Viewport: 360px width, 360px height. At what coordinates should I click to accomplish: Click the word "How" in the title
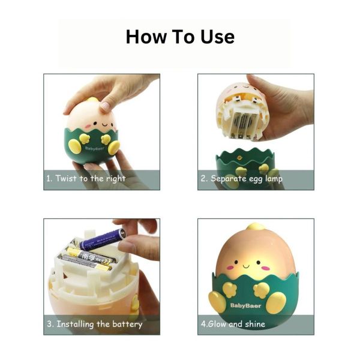[146, 37]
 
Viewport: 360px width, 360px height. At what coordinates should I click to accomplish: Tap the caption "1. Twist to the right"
[86, 178]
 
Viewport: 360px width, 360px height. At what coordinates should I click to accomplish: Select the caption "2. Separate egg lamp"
[242, 178]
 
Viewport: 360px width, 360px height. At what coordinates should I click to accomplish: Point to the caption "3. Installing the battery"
[95, 324]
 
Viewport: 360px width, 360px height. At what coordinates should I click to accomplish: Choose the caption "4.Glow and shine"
[233, 324]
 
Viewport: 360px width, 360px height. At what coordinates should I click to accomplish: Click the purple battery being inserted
[103, 239]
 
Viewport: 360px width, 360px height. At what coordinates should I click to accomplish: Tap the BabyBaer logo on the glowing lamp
[245, 305]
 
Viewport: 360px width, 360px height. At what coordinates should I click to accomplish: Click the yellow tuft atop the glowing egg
[256, 227]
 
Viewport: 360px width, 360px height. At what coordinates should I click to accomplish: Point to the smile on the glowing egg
[246, 266]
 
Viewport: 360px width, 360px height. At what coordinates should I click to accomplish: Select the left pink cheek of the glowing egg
[230, 268]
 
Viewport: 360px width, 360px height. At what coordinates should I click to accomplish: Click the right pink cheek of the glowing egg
[265, 268]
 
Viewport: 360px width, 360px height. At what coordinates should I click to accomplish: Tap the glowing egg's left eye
[236, 262]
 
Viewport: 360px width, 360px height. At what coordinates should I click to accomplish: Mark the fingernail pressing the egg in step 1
[105, 106]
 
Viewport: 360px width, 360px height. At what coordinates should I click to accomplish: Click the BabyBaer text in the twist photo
[94, 148]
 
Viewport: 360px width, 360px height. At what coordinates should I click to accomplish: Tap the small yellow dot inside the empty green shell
[239, 158]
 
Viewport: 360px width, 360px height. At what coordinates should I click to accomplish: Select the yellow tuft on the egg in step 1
[92, 100]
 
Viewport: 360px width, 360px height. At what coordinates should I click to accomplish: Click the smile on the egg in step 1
[104, 125]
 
